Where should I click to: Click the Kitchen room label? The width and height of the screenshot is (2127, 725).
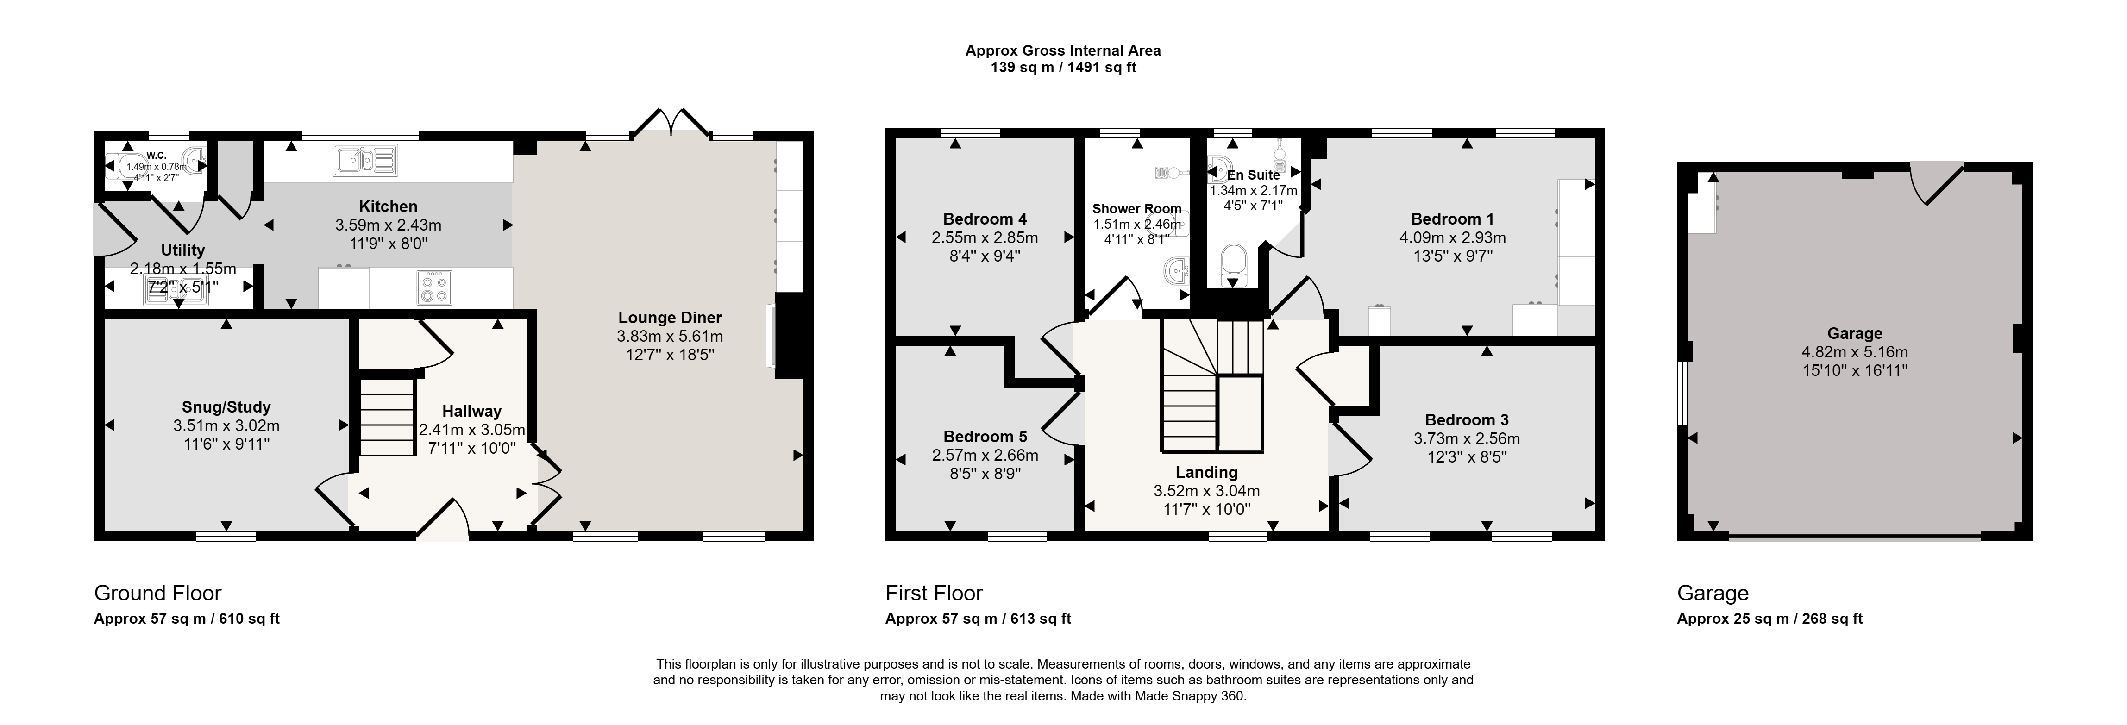[388, 206]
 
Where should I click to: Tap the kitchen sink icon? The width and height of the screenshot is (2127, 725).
[366, 160]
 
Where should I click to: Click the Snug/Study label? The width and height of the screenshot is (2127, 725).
[226, 407]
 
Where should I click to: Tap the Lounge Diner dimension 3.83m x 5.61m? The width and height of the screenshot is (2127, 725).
[670, 336]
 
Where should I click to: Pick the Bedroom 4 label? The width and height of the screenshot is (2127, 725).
[985, 219]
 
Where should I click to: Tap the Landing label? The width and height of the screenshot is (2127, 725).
[1206, 472]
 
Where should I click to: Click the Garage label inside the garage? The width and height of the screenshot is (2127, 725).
[1855, 334]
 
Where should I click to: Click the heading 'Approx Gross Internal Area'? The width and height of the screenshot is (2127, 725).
[1063, 50]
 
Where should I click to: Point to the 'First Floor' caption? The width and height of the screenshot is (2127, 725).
[934, 593]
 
